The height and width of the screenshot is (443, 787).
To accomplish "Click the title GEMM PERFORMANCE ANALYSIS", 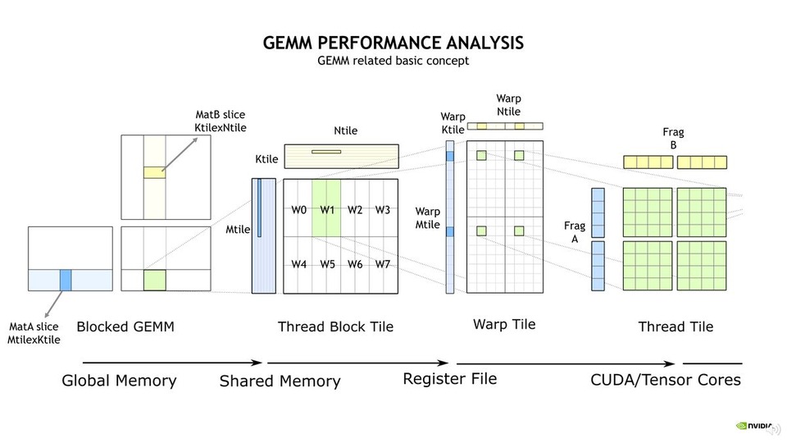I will pos(393,43).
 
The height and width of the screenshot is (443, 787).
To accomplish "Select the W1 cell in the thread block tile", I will pos(326,209).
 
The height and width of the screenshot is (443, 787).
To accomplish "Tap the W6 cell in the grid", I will pos(354,264).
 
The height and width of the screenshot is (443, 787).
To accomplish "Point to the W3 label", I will pos(383,210).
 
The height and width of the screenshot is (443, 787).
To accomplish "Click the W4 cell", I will pos(298,264).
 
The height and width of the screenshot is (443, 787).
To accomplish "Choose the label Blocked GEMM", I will pos(125,327).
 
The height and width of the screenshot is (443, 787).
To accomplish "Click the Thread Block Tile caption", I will pos(335,327).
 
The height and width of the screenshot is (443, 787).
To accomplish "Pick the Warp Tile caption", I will pos(504,324).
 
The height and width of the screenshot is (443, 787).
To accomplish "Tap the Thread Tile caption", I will pos(676,327).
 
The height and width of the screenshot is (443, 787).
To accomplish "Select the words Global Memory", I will pos(119,380).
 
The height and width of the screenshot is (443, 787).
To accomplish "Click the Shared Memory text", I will pos(280,381).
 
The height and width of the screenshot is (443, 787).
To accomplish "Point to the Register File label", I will pos(449,378).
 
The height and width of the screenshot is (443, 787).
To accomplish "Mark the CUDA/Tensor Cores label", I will pos(666,379).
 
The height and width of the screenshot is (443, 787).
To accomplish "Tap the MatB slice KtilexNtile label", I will pos(221,121).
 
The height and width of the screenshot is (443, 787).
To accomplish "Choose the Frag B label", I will pos(673,139).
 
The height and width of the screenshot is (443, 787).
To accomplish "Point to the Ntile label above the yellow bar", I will pos(345,130).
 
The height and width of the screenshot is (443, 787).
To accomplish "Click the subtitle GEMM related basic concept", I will pos(393,62).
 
